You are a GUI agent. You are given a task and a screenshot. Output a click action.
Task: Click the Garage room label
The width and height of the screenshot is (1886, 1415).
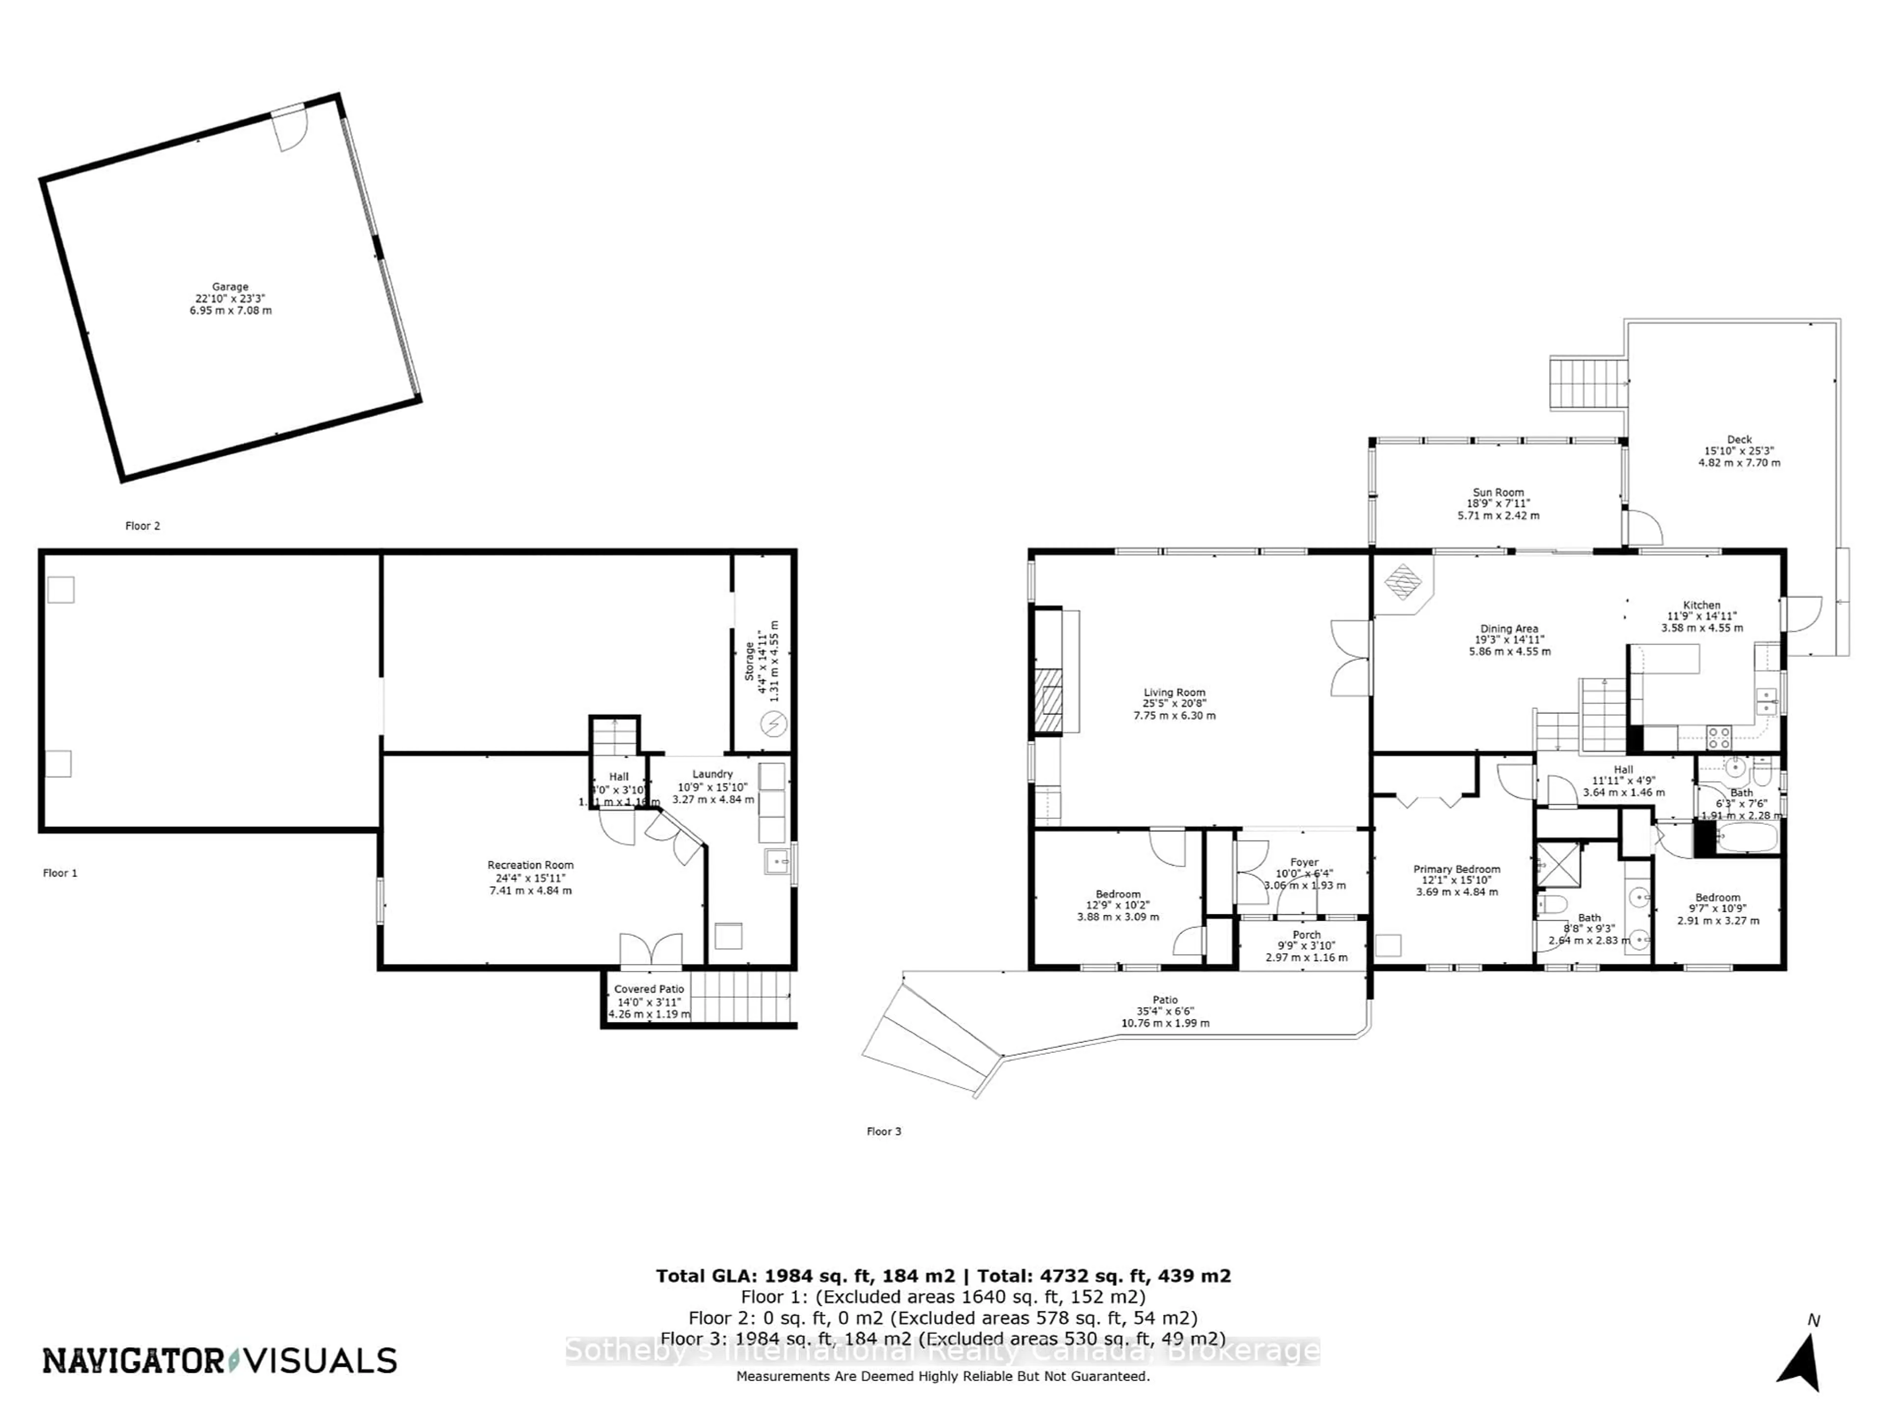[230, 299]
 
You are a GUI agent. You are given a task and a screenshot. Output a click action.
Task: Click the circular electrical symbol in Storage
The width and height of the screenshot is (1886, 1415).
[774, 724]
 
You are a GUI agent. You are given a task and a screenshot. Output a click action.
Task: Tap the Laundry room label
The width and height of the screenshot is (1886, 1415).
[713, 787]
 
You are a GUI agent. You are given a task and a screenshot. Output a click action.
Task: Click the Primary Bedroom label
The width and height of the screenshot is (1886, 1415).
[1456, 880]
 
